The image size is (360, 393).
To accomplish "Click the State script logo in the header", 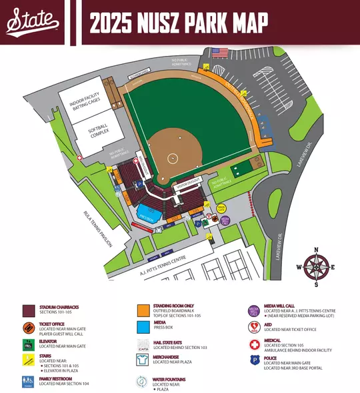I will point(33,23).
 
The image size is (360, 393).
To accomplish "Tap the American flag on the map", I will point(219,51).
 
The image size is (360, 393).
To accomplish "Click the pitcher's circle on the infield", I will point(173,158).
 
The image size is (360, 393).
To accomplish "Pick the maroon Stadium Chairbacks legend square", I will point(29,310).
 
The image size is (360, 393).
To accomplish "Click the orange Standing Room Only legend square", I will point(143,310).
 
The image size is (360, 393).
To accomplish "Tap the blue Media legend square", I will point(143,326).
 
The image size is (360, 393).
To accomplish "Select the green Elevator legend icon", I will point(29,345).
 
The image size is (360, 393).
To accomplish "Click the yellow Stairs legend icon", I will point(29,361).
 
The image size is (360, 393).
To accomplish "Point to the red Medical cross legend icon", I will point(253,345).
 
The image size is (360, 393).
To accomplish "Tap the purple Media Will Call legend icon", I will point(253,310).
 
